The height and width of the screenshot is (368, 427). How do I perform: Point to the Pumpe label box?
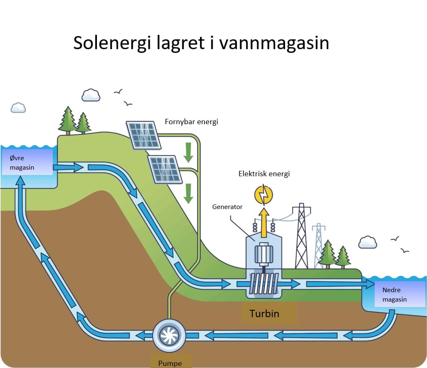point(170,361)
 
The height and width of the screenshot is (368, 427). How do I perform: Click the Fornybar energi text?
point(191,122)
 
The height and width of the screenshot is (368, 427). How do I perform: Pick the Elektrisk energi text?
point(264,174)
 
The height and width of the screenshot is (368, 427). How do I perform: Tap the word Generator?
point(227,207)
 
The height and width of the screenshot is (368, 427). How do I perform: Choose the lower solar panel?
point(165,169)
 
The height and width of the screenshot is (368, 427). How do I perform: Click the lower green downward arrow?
point(188,193)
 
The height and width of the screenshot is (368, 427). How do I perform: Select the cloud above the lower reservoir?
point(367,242)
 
